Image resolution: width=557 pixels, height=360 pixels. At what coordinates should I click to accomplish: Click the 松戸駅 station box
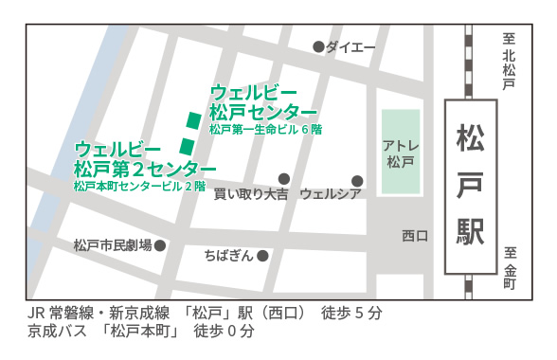[x=470, y=186]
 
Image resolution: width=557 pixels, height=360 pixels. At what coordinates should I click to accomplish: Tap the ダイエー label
[x=350, y=47]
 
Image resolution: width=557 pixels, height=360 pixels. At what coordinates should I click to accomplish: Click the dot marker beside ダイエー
[x=318, y=46]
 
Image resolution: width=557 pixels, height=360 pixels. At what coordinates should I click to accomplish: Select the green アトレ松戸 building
[x=400, y=152]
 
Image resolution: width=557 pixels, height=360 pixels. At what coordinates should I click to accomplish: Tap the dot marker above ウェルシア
[x=357, y=180]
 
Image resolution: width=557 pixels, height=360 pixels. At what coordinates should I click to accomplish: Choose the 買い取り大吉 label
[x=251, y=194]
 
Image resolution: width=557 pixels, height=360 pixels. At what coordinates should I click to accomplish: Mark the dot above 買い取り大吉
[x=283, y=178]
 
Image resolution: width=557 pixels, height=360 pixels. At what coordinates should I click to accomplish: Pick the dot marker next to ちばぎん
[x=262, y=255]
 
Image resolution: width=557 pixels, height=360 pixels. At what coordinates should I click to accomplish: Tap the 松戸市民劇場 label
[x=113, y=245]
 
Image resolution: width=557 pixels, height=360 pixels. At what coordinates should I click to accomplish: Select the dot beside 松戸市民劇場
[x=160, y=245]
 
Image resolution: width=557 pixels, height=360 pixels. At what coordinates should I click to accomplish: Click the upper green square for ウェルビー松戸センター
[x=194, y=120]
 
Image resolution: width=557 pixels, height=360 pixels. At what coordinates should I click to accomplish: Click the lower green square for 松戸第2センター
[x=187, y=146]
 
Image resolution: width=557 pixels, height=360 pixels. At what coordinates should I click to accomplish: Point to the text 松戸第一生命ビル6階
[x=266, y=130]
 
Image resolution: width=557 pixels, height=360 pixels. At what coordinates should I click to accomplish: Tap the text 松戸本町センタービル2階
[x=139, y=188]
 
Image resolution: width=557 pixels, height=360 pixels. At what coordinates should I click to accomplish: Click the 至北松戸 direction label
[x=509, y=63]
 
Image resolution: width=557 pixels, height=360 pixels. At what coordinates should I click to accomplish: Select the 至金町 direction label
[x=509, y=268]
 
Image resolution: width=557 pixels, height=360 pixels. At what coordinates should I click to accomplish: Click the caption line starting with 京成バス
[x=142, y=333]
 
